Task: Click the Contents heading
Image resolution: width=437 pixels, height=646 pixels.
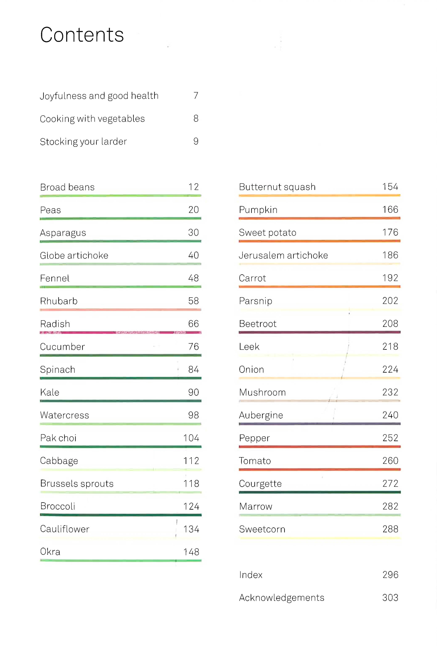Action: (82, 35)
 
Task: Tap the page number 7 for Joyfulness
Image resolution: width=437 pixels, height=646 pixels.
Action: (196, 96)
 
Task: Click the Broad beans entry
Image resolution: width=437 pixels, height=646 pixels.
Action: (67, 187)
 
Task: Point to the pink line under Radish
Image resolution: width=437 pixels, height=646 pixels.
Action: (120, 332)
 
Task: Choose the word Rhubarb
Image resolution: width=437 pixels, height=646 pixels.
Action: (59, 301)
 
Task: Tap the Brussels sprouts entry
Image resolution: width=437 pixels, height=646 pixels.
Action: (77, 484)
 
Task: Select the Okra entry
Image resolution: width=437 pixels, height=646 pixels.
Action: (50, 552)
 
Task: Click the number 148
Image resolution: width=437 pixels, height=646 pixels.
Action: (191, 552)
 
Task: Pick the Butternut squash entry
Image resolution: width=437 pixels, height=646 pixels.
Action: (277, 187)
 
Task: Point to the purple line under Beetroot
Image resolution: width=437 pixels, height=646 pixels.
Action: (319, 332)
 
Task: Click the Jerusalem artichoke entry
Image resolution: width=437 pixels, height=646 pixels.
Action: (283, 255)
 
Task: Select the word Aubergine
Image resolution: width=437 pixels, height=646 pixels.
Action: (261, 415)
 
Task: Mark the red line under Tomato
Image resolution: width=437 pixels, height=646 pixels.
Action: (319, 469)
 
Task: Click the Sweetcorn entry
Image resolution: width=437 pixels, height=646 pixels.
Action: (262, 529)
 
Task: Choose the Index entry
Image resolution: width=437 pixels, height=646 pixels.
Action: (251, 575)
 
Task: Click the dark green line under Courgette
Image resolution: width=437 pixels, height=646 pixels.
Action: (319, 492)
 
